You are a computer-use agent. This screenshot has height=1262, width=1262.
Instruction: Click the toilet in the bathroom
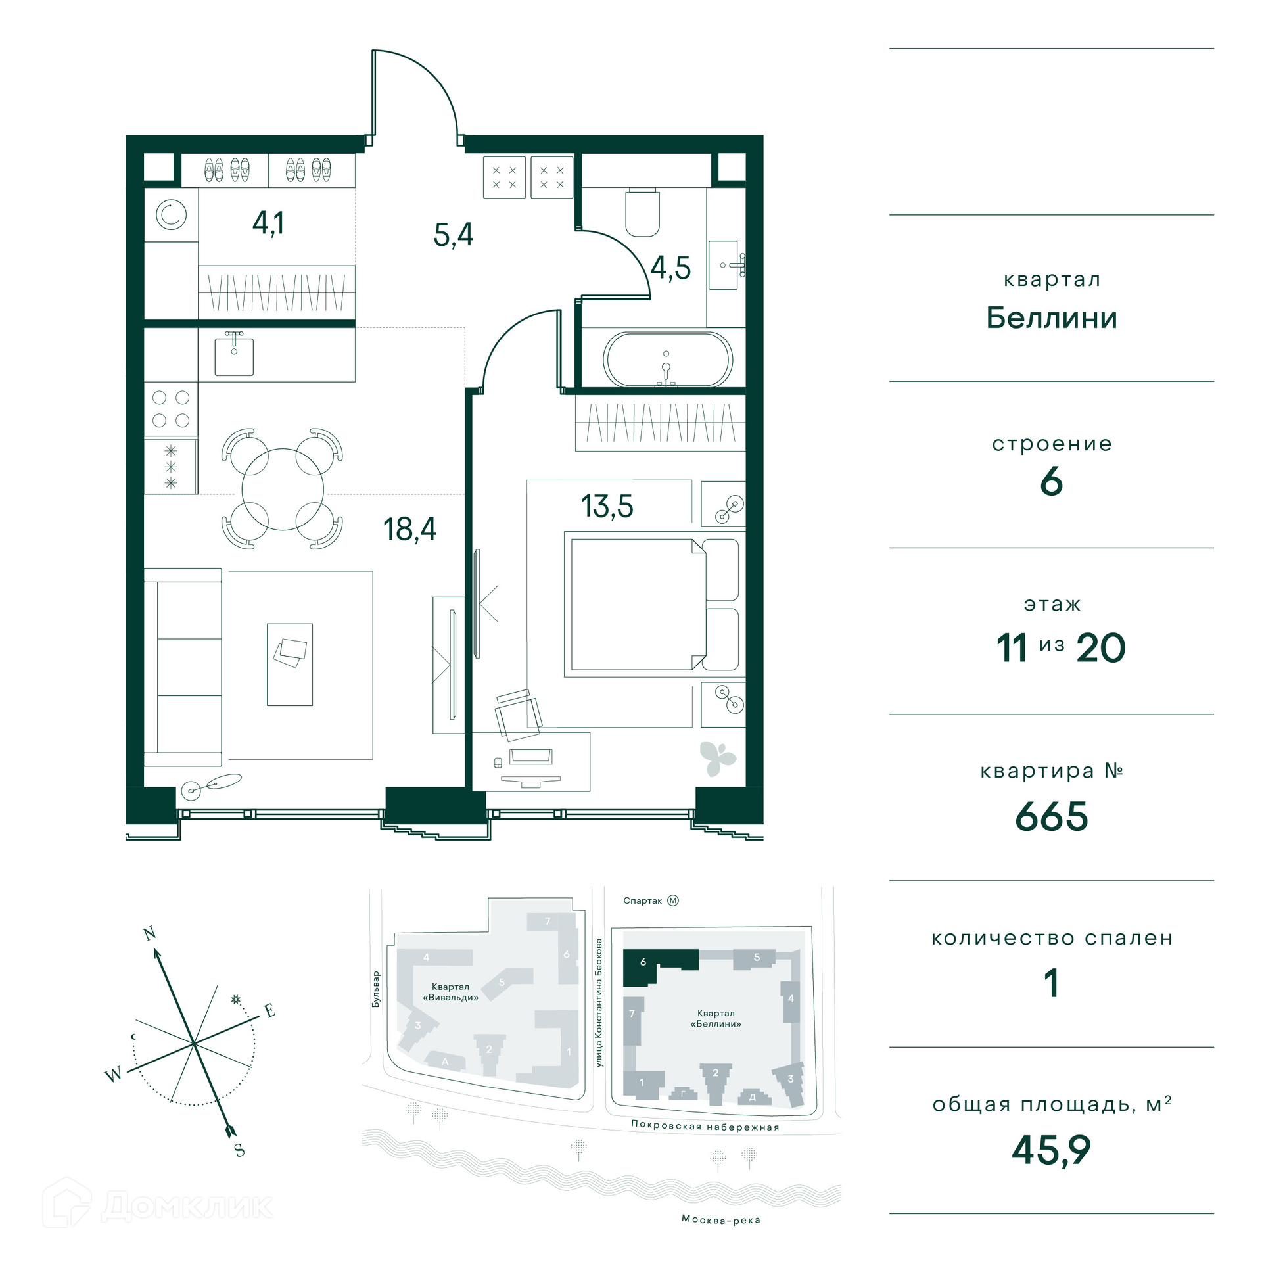tap(642, 212)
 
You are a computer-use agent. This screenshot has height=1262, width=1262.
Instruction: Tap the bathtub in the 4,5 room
tap(667, 360)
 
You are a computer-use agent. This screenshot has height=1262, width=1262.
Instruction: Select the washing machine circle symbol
tap(171, 215)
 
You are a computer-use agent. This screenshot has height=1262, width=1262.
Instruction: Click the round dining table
tap(283, 489)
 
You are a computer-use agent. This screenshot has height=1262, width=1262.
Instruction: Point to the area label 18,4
tap(409, 529)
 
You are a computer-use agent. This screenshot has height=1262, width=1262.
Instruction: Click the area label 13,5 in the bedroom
tap(607, 506)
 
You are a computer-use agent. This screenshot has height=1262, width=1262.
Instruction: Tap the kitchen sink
tap(234, 356)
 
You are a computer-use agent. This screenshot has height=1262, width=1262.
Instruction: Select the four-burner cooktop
tap(171, 409)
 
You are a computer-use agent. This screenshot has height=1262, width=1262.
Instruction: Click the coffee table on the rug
tap(290, 665)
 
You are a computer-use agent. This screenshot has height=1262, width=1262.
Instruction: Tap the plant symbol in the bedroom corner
tap(717, 758)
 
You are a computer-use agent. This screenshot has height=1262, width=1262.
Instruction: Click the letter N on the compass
tap(150, 933)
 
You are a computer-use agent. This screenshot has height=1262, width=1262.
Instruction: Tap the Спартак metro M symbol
tap(673, 900)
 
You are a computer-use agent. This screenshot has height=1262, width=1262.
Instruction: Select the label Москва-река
tap(721, 1219)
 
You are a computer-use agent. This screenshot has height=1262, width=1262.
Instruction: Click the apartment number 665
tap(1052, 816)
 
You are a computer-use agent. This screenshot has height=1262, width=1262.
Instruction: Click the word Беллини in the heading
tap(1052, 318)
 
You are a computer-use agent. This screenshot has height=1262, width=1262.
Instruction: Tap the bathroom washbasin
tap(725, 265)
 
